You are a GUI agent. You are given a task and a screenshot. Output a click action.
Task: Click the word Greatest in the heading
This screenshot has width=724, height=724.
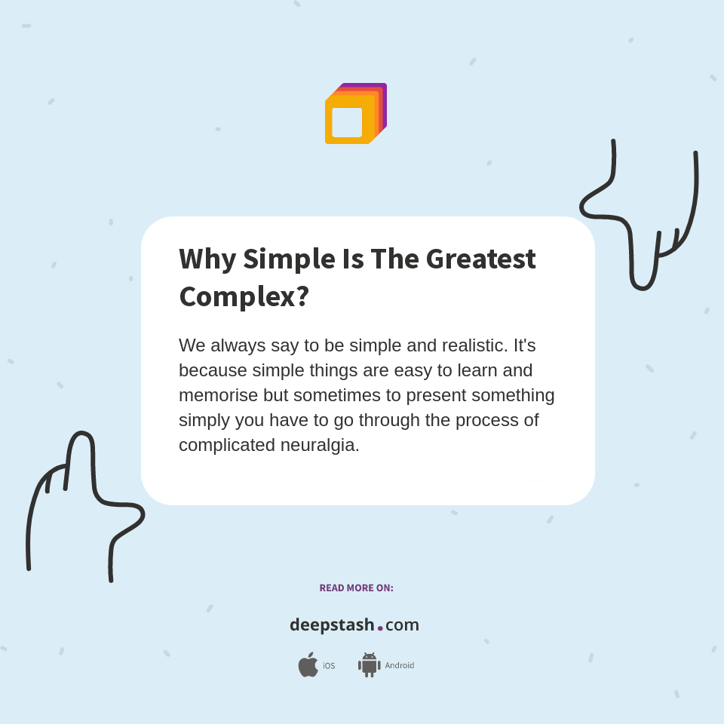click(x=480, y=259)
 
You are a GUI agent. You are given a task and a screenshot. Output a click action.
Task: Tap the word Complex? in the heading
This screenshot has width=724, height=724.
click(x=244, y=296)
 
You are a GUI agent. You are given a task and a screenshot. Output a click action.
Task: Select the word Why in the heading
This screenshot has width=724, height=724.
click(x=207, y=259)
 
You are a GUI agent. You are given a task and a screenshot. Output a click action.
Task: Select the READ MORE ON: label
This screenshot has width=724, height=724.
click(x=356, y=587)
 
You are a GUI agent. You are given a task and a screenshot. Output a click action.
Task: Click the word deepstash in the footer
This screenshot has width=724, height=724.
click(x=332, y=625)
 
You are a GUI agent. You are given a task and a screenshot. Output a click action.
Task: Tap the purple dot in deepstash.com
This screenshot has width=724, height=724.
click(x=380, y=627)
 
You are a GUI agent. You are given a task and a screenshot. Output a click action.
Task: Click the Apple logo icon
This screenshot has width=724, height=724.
click(x=308, y=665)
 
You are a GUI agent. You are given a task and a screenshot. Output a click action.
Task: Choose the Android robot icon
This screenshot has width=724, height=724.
click(x=369, y=665)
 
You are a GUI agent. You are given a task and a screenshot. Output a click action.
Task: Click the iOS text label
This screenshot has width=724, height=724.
click(x=329, y=666)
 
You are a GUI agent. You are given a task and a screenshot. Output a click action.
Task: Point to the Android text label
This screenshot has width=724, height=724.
click(x=399, y=666)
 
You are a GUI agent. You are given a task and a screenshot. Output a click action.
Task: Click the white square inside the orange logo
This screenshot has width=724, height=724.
click(x=347, y=122)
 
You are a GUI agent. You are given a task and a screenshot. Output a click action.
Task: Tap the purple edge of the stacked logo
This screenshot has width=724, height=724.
click(x=385, y=102)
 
